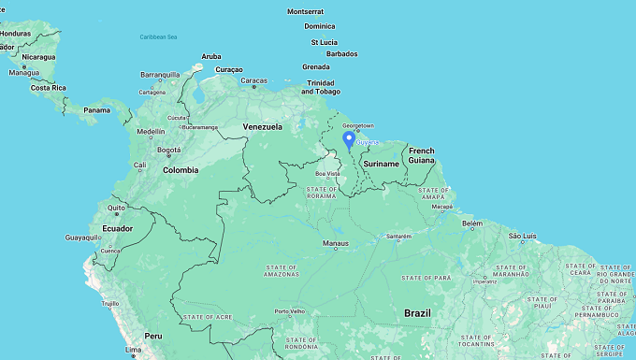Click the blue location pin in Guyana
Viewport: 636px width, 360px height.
click(349, 140)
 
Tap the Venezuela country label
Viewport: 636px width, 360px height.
click(263, 126)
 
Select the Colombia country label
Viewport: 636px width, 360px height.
click(181, 170)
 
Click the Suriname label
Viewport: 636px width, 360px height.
click(382, 164)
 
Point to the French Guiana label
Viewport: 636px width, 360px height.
click(422, 155)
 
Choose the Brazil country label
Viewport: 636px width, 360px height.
click(417, 312)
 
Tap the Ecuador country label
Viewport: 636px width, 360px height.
click(110, 228)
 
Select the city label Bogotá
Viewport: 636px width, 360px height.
click(168, 150)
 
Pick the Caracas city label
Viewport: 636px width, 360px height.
click(253, 80)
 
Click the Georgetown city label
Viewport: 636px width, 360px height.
click(358, 125)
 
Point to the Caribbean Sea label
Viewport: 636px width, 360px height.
click(158, 36)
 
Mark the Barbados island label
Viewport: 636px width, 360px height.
click(341, 53)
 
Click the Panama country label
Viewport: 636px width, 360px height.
click(96, 110)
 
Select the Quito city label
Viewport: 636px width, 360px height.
click(116, 208)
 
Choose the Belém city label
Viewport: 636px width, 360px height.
click(472, 223)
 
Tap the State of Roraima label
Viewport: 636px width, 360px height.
click(321, 194)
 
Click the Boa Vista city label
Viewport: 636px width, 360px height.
click(327, 173)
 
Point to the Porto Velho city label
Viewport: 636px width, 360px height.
click(290, 311)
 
